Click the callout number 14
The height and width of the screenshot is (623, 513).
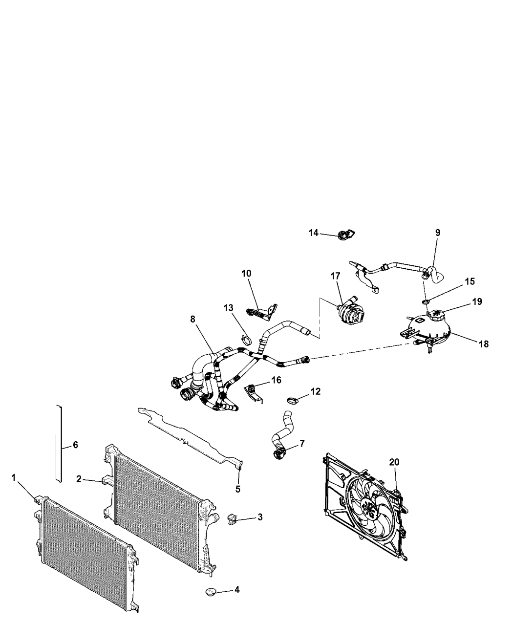(313, 233)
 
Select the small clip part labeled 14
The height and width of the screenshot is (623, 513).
(346, 236)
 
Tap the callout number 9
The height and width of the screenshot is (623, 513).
(437, 233)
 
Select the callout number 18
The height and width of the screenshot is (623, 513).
(484, 344)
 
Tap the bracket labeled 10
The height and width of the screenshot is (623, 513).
(263, 312)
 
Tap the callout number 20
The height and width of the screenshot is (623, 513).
(394, 462)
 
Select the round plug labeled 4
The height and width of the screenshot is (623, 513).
(211, 592)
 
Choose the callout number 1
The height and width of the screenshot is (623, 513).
(14, 477)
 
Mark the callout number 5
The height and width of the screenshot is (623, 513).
(238, 489)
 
